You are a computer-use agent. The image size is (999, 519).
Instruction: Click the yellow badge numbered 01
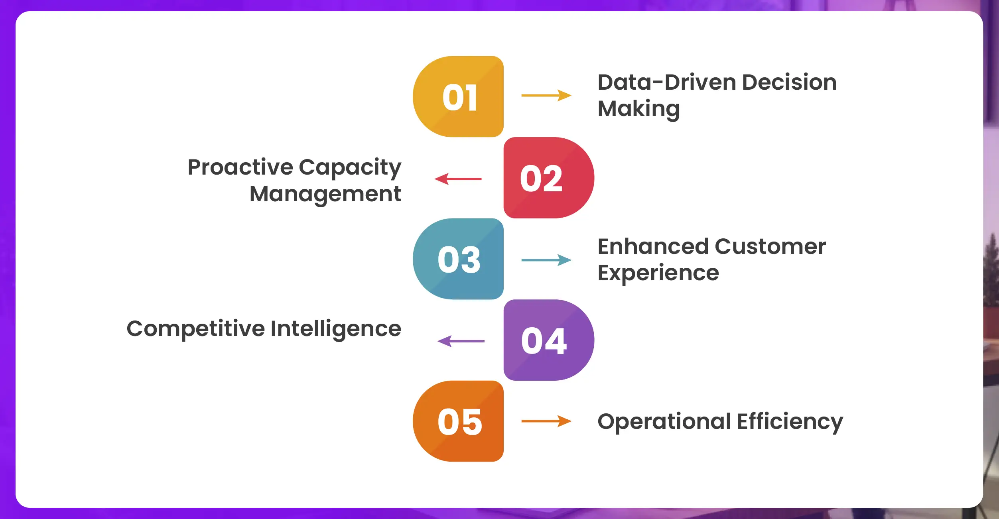coord(458,96)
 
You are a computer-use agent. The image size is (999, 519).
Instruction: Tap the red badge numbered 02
coord(549,178)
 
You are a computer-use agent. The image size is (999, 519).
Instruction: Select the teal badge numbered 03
coord(458,259)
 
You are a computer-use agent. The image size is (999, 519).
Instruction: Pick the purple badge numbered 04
coord(549,340)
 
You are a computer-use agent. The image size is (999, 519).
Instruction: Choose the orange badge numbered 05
coord(458,421)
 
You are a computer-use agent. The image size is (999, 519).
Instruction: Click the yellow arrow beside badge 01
coord(546,95)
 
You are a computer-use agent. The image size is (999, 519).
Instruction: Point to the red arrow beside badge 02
coord(458,179)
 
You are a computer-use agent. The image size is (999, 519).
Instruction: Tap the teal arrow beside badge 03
coord(546,260)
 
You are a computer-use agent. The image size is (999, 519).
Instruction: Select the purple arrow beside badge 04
coord(461,341)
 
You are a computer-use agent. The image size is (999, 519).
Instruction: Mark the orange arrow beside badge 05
coord(546,421)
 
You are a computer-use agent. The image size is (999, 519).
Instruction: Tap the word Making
coord(639,109)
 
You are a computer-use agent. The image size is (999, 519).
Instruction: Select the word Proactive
coord(240,167)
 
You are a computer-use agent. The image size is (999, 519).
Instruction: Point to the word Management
coord(325,195)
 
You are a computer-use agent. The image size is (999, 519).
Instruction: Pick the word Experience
coord(658,273)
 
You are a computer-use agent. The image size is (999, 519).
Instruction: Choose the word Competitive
coord(196,329)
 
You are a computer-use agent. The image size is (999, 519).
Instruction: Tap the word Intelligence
coord(336,329)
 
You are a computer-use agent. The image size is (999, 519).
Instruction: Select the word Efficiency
coord(790,422)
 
